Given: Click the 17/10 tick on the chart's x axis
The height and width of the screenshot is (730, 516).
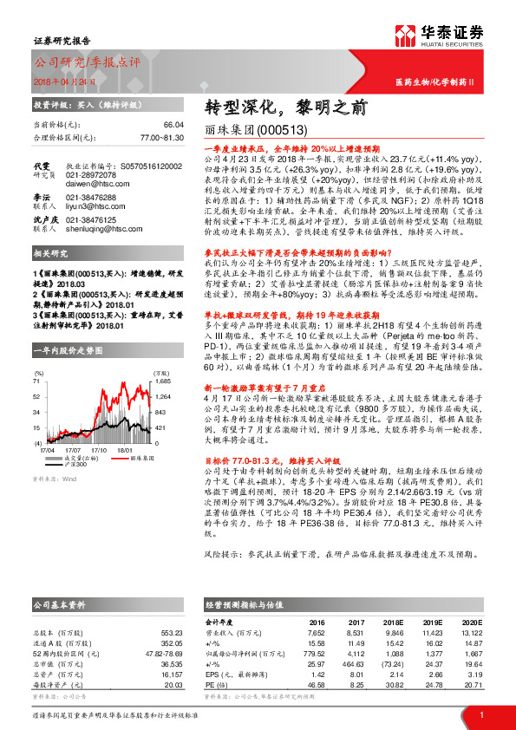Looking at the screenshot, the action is point(99,450).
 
